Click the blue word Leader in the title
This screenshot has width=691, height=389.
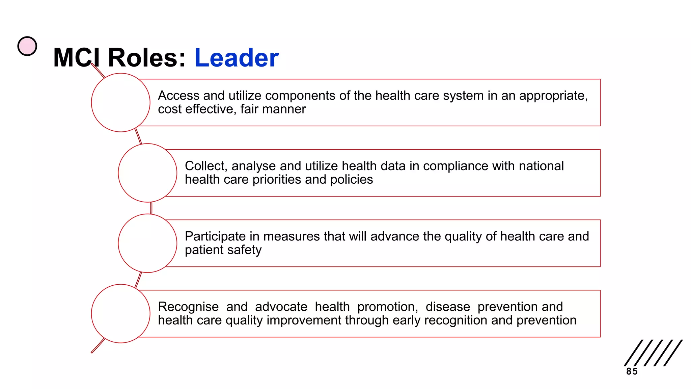tap(236, 58)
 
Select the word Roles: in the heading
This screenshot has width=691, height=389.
tap(147, 58)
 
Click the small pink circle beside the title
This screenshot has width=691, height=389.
tap(27, 46)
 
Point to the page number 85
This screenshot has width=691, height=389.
tap(632, 371)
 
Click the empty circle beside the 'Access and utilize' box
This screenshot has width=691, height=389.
tap(120, 103)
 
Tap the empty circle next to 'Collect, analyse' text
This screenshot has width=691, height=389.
tap(147, 173)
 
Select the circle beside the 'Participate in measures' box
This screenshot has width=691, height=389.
tap(147, 243)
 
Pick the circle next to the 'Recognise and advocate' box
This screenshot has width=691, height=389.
tap(120, 314)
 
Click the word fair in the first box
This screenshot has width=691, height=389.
tap(249, 109)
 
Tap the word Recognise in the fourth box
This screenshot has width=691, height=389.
tap(188, 307)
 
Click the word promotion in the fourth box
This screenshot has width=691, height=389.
tap(387, 307)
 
